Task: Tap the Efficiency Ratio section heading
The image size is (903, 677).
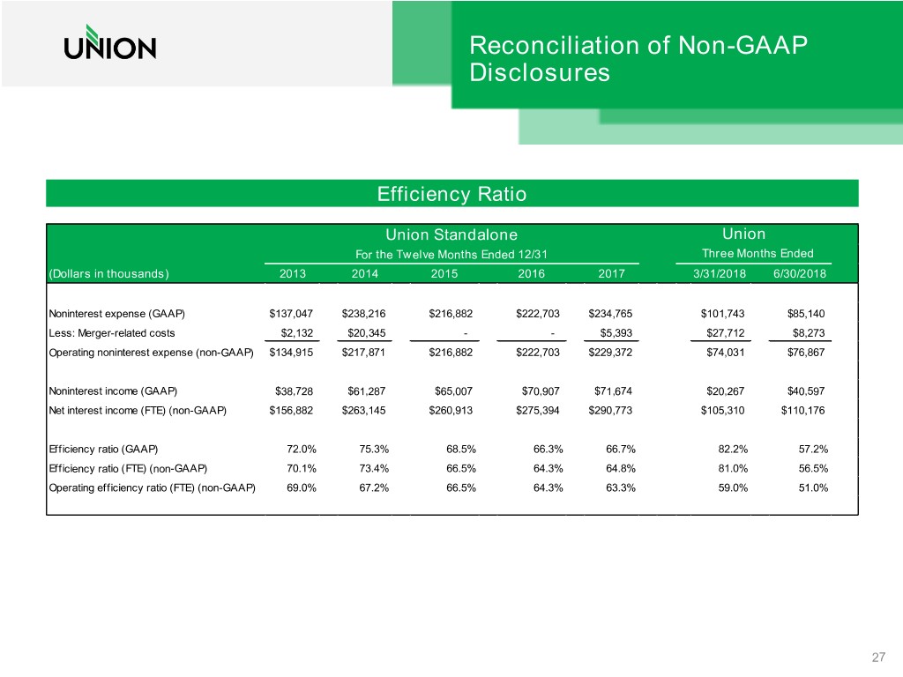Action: (x=451, y=194)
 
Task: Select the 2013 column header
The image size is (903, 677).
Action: (x=293, y=274)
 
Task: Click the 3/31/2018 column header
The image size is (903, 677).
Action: (x=720, y=274)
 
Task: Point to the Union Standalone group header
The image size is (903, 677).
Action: (x=451, y=234)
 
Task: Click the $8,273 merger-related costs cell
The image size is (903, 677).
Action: (x=807, y=333)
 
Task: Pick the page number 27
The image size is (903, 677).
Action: (x=877, y=657)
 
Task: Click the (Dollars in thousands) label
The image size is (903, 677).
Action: (x=109, y=274)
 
